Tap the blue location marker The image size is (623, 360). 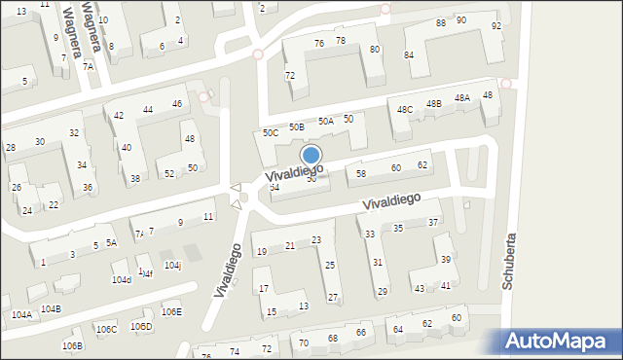(x=311, y=156)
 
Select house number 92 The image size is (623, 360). (x=496, y=25)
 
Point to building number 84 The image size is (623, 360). (x=409, y=54)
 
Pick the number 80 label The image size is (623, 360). (x=375, y=49)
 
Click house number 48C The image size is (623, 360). (x=404, y=109)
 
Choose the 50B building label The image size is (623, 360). (x=296, y=126)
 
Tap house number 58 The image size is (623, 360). (x=361, y=173)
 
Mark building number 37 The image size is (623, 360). (x=433, y=222)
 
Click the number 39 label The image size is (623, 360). (x=445, y=259)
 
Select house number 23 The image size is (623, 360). (x=316, y=240)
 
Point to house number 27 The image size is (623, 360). (x=333, y=297)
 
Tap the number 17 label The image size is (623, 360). (x=264, y=288)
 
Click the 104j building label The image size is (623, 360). (x=172, y=265)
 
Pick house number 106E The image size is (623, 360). (x=171, y=311)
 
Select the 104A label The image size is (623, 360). (x=21, y=314)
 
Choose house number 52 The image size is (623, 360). (x=169, y=173)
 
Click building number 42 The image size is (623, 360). (x=119, y=115)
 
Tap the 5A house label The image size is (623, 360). (x=112, y=242)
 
